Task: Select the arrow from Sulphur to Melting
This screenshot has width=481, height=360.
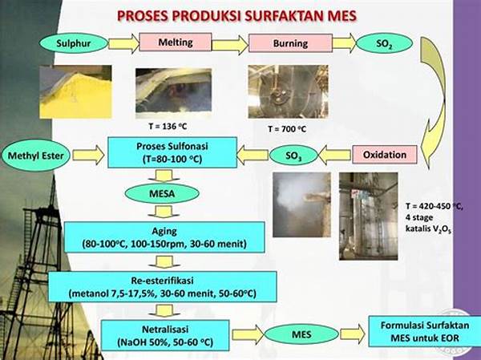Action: click(x=123, y=42)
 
